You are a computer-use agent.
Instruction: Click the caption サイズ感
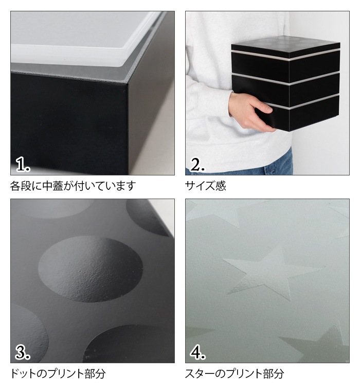pos(205,186)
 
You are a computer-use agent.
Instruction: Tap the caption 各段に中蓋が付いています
pos(73,186)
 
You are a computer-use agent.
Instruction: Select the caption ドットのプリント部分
pos(58,374)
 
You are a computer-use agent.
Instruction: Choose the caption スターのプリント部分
pos(235,374)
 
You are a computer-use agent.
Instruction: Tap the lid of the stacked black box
pos(286,47)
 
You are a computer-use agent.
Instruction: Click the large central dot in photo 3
pos(91,269)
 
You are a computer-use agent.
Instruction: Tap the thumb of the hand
pos(265,107)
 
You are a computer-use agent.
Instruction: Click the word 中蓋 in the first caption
pos(52,186)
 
